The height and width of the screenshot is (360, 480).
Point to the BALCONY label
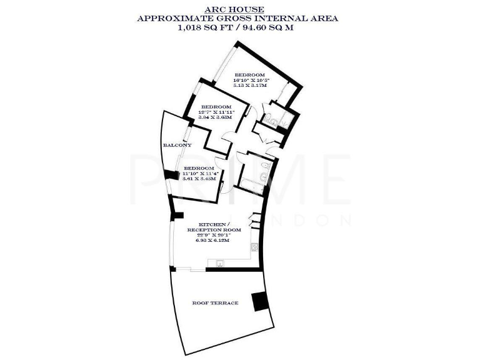point(177,146)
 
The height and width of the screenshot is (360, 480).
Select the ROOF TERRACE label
point(215,303)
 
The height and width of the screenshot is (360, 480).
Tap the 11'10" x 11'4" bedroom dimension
point(199,174)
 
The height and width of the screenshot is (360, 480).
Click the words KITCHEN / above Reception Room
point(215,224)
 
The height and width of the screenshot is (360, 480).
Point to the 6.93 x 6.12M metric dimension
point(215,241)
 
